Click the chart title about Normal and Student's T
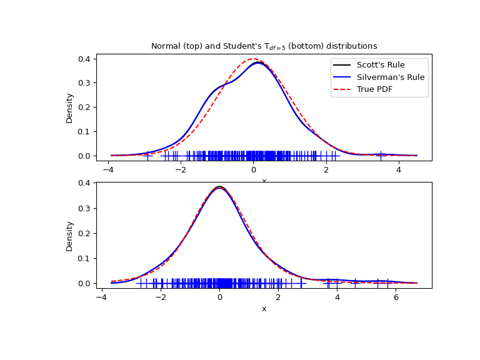click(264, 46)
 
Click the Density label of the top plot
click(69, 107)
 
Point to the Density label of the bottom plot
click(69, 235)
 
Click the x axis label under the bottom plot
click(264, 309)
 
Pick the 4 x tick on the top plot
click(398, 169)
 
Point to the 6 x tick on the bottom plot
click(396, 297)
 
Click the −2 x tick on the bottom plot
click(161, 297)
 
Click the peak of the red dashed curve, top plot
click(253, 59)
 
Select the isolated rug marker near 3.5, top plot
click(381, 155)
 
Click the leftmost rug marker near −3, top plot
click(147, 155)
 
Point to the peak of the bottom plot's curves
click(219, 187)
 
